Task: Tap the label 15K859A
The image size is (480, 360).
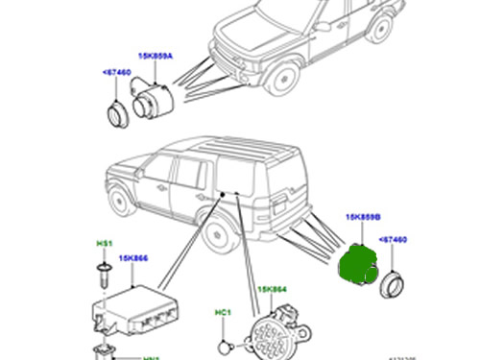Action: [x=157, y=56]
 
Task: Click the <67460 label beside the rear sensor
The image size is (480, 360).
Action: [x=396, y=239]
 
